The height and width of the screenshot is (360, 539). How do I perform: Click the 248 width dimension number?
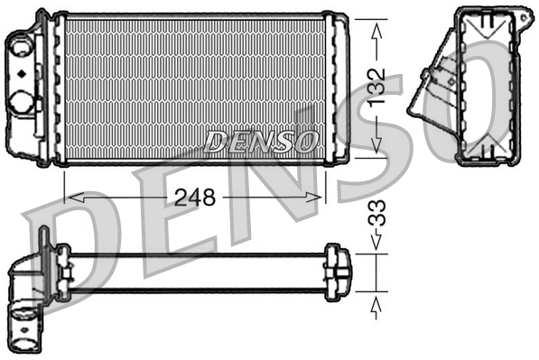[x=194, y=198]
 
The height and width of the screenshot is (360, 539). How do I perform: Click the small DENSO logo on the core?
[x=262, y=141]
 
